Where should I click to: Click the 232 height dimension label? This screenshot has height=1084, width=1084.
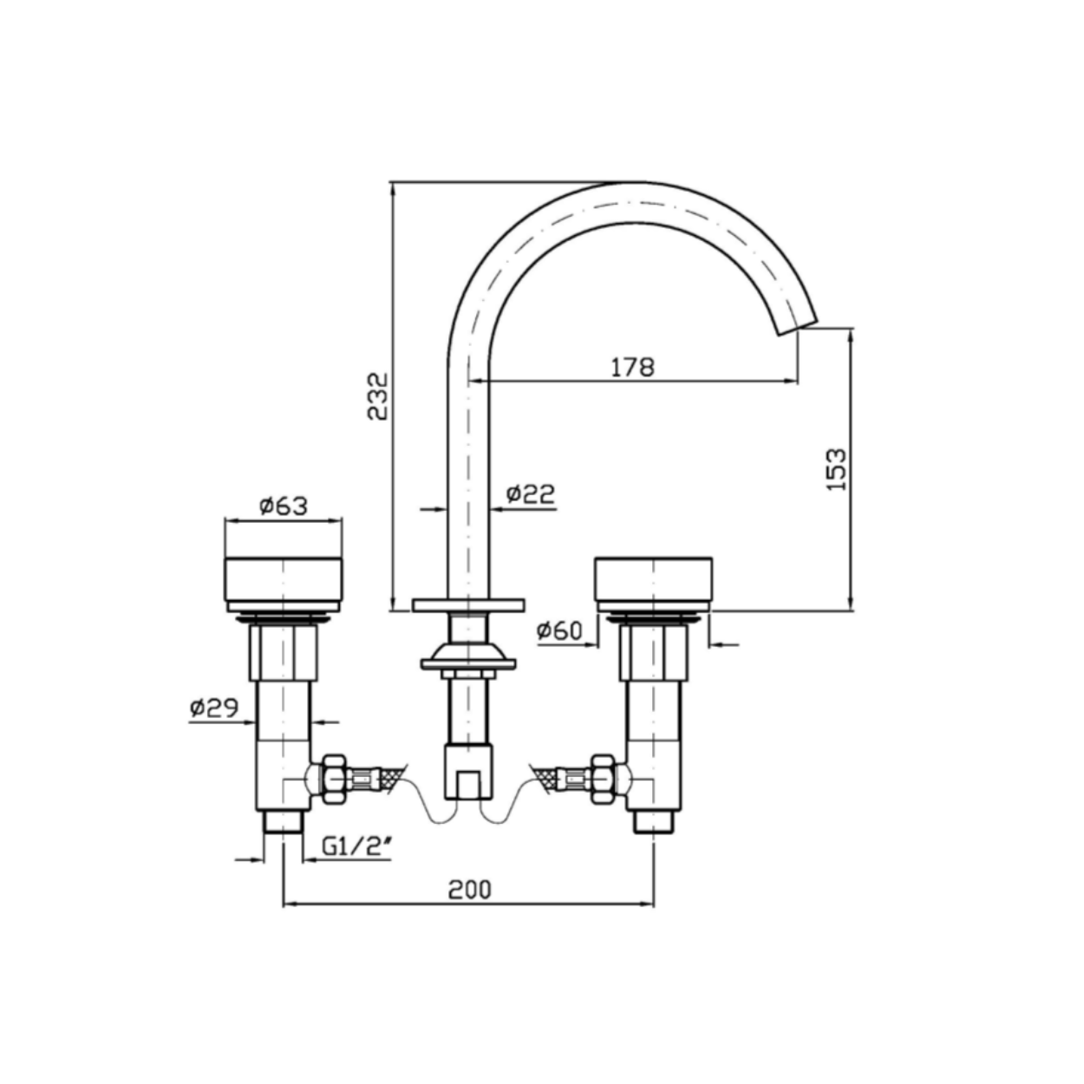tap(377, 395)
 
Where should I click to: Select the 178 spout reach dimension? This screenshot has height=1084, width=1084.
tap(633, 368)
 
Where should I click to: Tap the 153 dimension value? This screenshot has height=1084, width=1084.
tap(836, 469)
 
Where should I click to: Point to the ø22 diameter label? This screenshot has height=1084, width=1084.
tap(530, 494)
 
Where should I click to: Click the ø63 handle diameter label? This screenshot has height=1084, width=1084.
tap(284, 506)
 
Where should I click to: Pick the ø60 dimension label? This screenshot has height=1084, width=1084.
tap(559, 630)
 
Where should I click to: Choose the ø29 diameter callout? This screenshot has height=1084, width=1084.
tap(214, 708)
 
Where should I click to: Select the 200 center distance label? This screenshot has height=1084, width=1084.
tap(469, 890)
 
